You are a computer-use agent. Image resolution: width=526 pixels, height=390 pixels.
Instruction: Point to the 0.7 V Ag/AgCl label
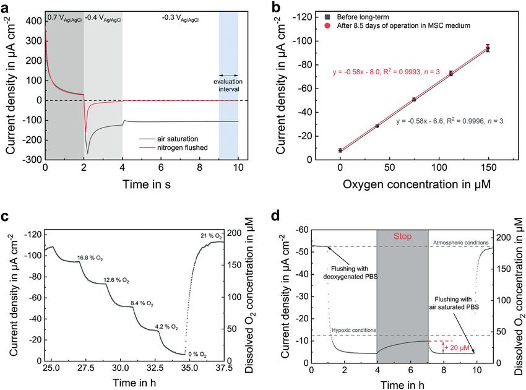point(64,19)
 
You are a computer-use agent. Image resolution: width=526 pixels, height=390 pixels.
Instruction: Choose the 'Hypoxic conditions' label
point(355,331)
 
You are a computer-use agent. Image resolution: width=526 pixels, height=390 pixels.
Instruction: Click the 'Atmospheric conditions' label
point(461,242)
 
